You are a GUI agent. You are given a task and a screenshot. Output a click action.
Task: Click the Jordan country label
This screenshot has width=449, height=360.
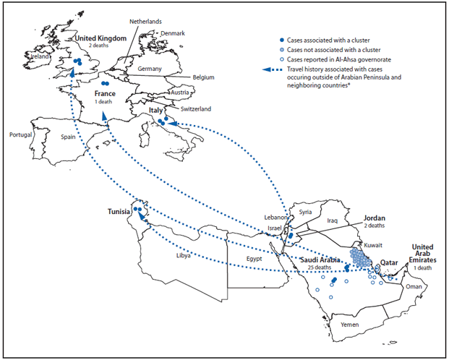click(x=374, y=218)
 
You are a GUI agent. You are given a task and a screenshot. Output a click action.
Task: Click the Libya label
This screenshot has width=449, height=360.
click(x=185, y=256)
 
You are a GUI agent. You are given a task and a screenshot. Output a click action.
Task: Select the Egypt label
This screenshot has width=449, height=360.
click(x=254, y=258)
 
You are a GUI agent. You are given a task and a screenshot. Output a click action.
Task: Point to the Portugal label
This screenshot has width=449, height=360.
click(x=22, y=135)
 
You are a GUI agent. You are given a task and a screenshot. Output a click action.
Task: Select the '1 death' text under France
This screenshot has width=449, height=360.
click(x=105, y=103)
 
